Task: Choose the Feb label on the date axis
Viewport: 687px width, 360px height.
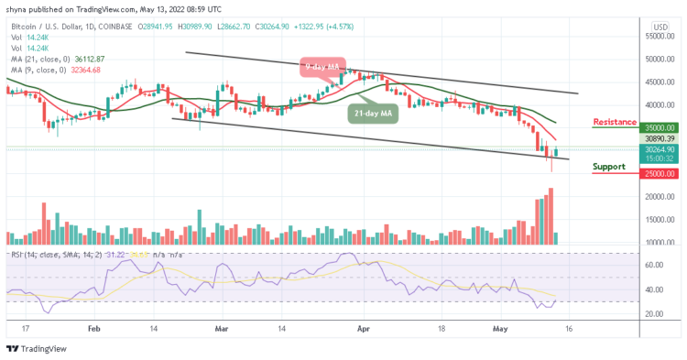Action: coord(93,326)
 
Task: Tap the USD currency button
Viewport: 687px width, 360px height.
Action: coord(660,26)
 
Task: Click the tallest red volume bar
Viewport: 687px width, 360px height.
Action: coord(551,216)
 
